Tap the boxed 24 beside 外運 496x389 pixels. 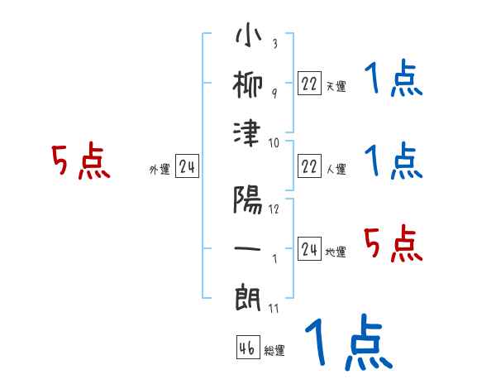(187, 166)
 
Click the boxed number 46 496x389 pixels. (247, 347)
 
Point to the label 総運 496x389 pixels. (274, 351)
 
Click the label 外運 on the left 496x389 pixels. (160, 170)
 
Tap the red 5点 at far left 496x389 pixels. (80, 163)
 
